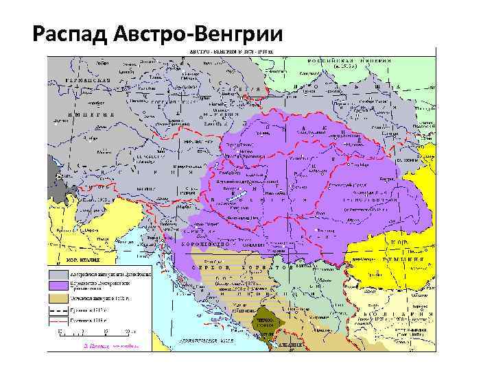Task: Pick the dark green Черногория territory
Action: [x=267, y=326]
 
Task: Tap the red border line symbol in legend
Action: [x=58, y=320]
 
